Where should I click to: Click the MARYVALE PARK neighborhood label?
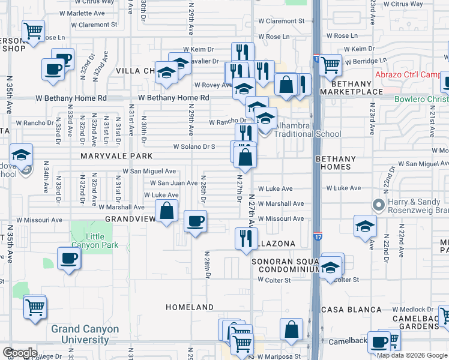[x=107, y=156]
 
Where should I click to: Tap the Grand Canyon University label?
[x=85, y=335]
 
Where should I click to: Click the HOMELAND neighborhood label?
[x=190, y=307]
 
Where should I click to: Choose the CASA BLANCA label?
[x=351, y=310]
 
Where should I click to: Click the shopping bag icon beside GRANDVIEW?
[x=167, y=211]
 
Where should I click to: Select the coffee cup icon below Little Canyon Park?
[x=68, y=259]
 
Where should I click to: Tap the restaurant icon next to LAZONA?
[x=245, y=238]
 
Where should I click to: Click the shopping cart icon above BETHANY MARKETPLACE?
[x=330, y=64]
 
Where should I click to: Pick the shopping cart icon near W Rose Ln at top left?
[x=34, y=30]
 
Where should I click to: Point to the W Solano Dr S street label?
[x=194, y=146]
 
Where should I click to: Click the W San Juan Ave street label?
[x=173, y=183]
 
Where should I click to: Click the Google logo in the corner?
[x=19, y=353]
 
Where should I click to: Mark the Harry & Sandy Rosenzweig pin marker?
[x=378, y=205]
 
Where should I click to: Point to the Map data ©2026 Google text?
[x=411, y=355]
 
